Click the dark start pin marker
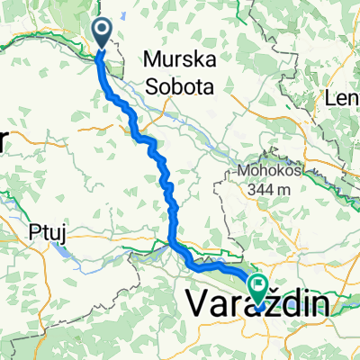pyautogui.click(x=102, y=33)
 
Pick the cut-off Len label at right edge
pyautogui.click(x=346, y=99)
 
